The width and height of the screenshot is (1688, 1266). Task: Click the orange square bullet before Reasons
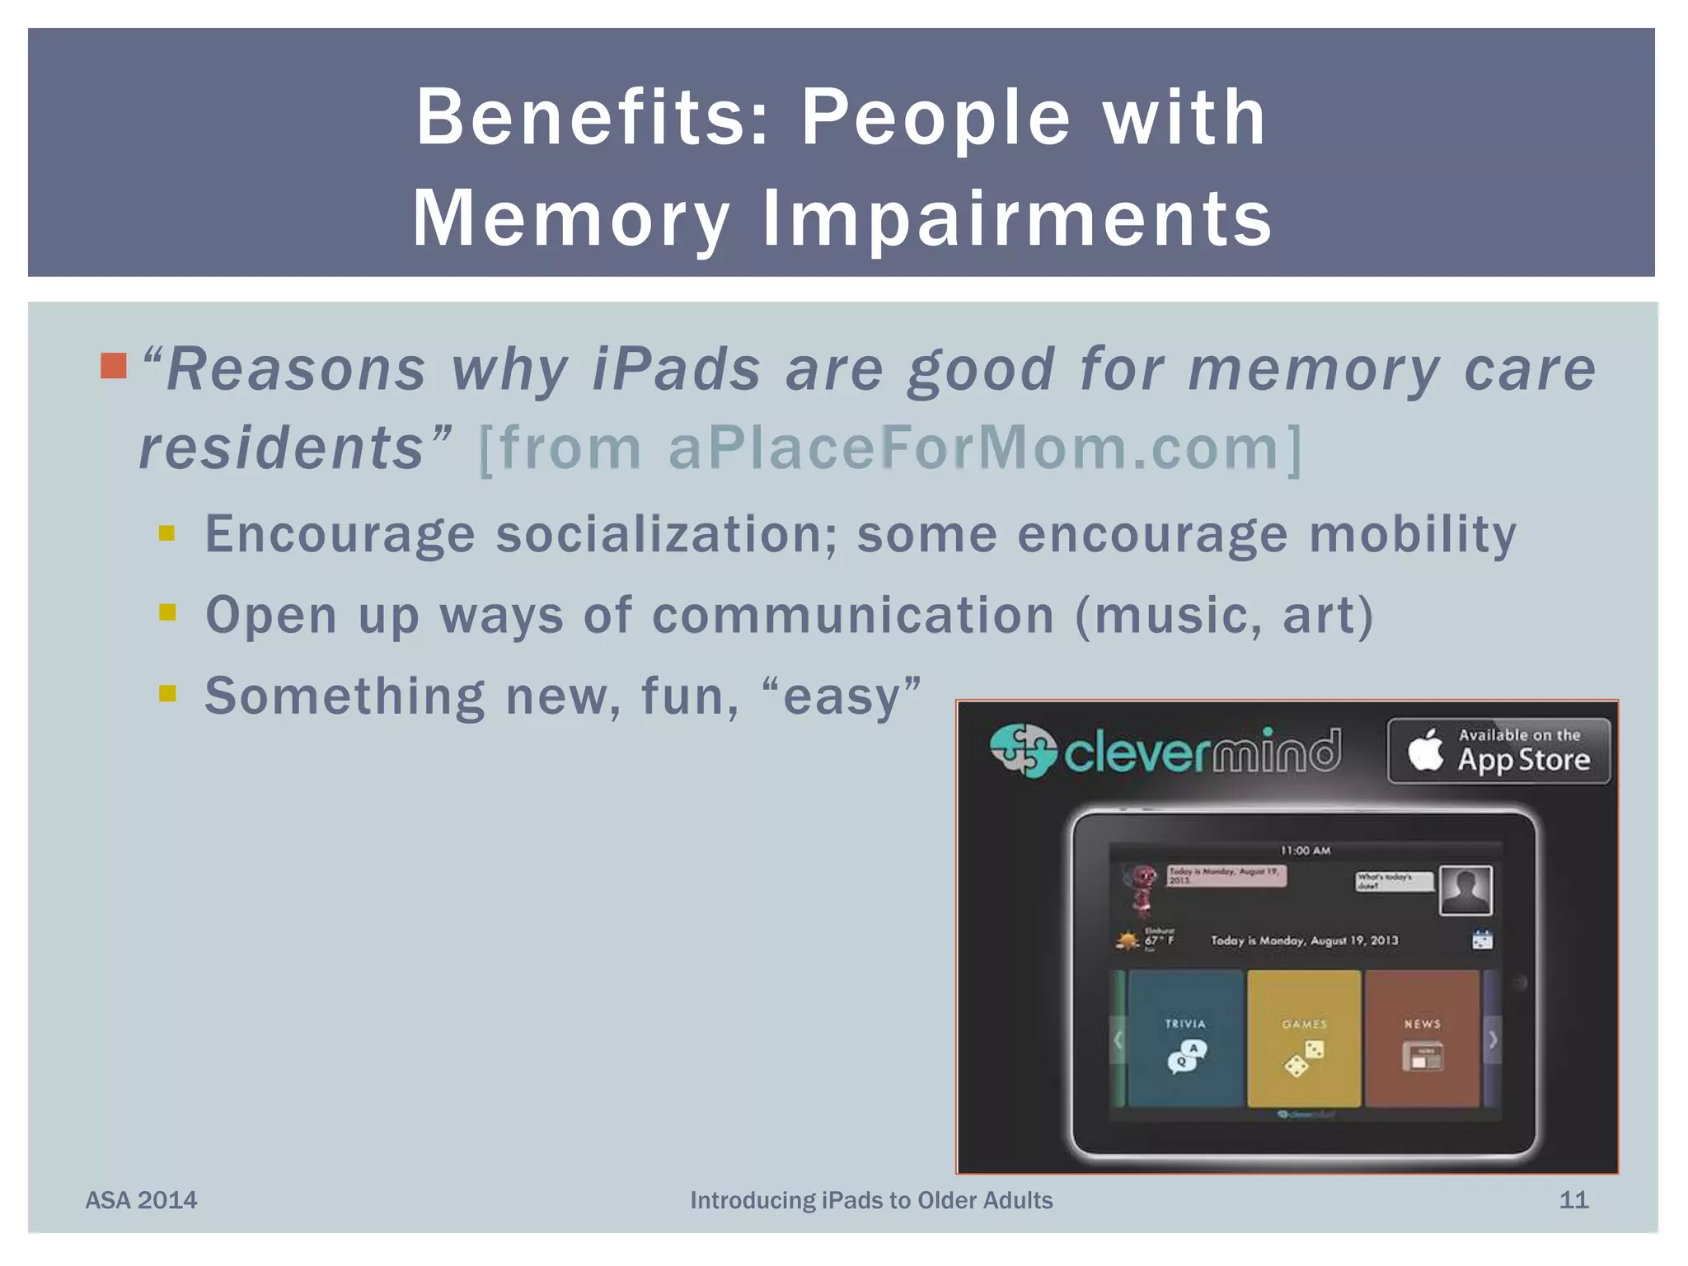point(114,365)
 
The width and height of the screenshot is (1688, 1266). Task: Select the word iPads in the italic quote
point(677,368)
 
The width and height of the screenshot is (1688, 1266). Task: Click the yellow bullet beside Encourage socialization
point(167,533)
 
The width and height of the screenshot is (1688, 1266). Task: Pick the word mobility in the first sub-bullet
point(1412,534)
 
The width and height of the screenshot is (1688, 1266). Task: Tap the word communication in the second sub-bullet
point(853,615)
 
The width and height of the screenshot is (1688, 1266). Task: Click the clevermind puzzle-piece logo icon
point(1023,750)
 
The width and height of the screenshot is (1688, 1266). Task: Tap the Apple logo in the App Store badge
point(1425,751)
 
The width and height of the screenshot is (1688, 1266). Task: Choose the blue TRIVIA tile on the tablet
point(1185,1039)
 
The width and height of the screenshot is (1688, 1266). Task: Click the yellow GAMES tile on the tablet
point(1304,1039)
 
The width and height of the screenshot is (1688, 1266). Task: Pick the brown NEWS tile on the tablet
point(1423,1039)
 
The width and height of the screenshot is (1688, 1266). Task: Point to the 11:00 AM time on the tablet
point(1306,851)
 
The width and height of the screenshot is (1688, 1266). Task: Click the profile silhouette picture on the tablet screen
point(1465,890)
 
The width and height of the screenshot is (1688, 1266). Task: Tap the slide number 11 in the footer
point(1573,1200)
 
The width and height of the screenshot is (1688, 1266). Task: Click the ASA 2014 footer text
point(142,1200)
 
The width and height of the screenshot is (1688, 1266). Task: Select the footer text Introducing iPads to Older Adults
point(871,1200)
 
